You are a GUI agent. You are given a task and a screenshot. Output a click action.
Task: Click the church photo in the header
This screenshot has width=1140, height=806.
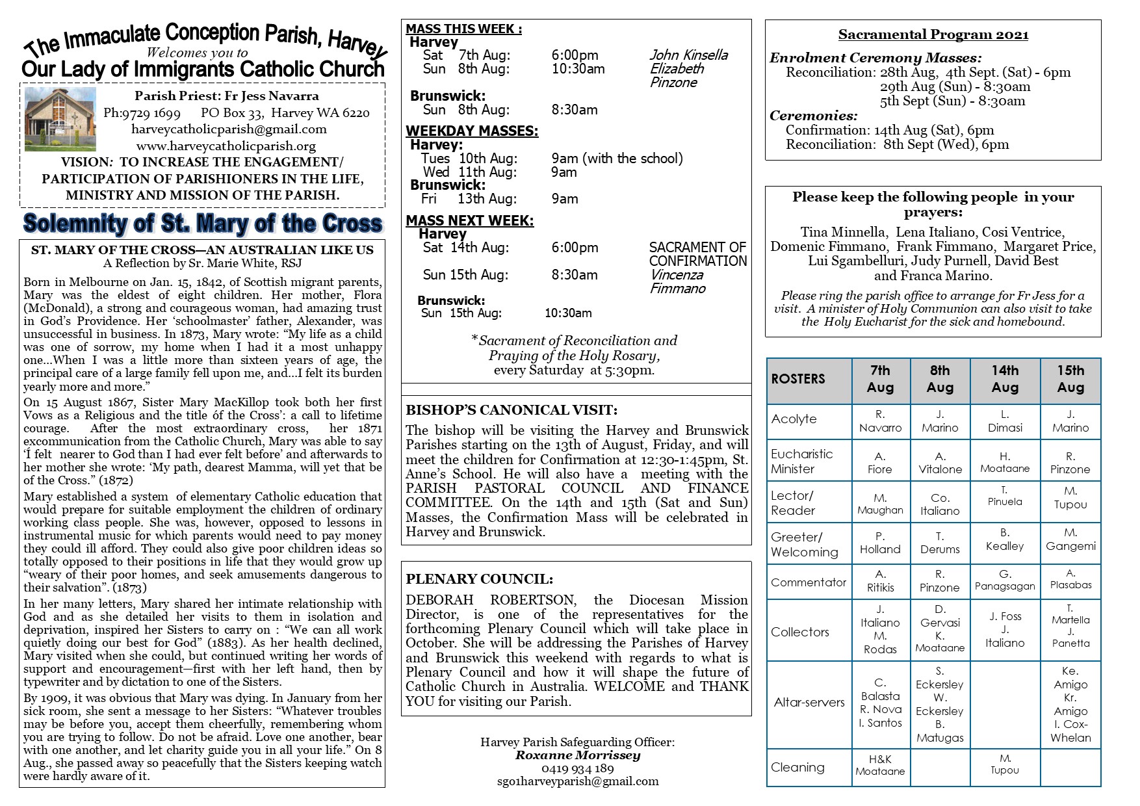60,120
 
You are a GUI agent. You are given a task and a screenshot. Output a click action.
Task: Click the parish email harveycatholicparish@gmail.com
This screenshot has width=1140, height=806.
229,129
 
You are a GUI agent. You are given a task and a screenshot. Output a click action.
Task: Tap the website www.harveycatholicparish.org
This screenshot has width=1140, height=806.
226,146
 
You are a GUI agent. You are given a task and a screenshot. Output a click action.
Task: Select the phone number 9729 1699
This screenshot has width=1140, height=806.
142,113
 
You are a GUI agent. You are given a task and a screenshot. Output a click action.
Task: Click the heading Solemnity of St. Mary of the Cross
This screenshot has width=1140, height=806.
203,224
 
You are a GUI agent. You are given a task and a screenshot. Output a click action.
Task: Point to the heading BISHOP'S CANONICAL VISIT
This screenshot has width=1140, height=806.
512,410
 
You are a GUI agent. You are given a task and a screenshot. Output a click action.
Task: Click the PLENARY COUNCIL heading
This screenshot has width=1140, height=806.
480,579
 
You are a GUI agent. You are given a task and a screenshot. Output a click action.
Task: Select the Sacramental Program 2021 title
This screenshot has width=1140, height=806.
933,34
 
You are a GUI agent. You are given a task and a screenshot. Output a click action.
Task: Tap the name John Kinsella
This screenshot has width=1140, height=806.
688,55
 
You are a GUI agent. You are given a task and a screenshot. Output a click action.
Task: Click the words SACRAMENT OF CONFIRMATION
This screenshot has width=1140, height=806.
698,254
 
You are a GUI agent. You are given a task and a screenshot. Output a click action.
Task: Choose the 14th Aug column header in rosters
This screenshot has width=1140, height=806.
1004,379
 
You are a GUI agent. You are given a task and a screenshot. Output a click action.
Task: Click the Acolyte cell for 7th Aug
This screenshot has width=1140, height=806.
880,421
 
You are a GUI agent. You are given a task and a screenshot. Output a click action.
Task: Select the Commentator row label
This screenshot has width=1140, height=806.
809,582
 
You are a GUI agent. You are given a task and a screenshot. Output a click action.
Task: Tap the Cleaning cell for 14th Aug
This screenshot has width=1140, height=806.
1004,764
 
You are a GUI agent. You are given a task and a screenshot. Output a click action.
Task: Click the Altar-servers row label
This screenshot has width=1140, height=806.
809,702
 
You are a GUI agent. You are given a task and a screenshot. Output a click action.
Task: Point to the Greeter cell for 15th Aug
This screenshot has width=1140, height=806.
1070,539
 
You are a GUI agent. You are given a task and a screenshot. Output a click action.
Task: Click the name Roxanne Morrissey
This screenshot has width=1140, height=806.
577,755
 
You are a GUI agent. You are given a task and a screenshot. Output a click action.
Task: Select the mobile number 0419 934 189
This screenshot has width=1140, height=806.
577,768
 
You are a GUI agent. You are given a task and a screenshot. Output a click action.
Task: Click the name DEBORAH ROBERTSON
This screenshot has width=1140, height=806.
490,600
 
